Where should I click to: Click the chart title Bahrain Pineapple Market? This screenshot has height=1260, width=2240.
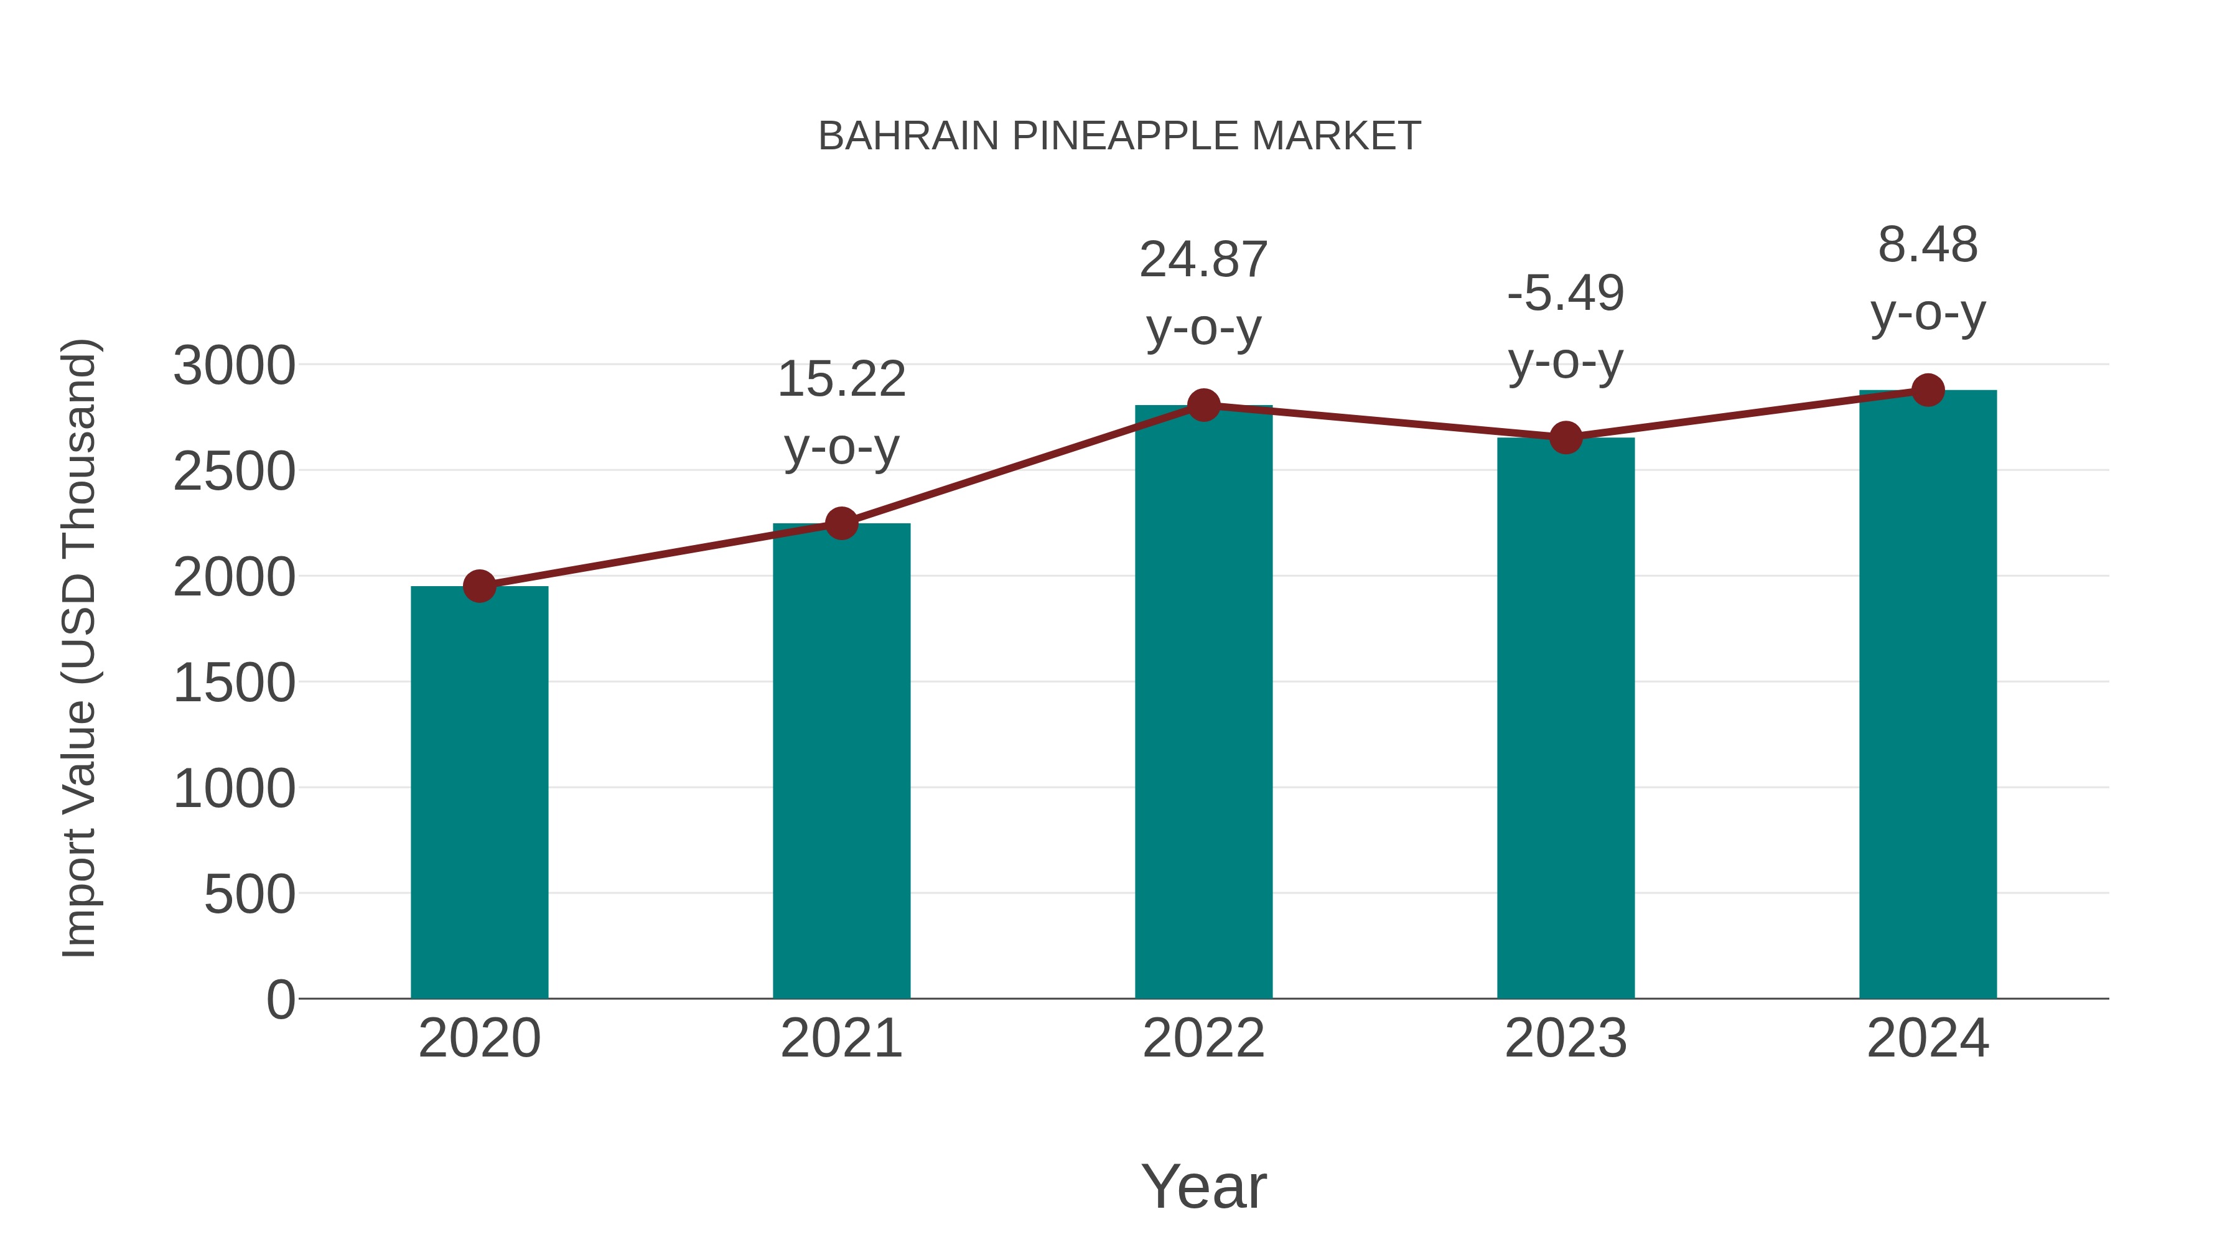tap(1119, 136)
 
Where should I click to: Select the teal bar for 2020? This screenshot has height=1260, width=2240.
tap(479, 791)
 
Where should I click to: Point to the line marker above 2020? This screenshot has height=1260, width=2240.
tap(479, 586)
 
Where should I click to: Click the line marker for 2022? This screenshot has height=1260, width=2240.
tap(1203, 405)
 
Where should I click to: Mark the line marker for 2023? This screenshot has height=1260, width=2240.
tap(1566, 437)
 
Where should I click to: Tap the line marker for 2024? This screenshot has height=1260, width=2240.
tap(1928, 390)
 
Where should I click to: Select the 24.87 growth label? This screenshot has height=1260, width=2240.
tap(1203, 260)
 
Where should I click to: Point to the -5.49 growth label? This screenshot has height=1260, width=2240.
tap(1566, 293)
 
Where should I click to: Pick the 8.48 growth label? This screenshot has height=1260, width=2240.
tap(1928, 245)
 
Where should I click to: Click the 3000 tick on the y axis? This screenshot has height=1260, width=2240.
tap(234, 365)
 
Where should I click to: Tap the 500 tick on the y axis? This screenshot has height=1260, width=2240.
tap(250, 894)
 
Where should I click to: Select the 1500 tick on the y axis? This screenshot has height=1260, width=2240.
tap(234, 683)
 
